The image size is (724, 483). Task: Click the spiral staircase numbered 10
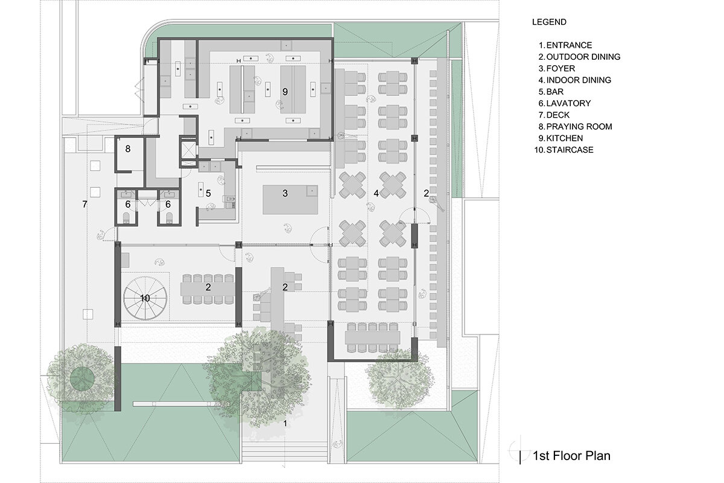145,298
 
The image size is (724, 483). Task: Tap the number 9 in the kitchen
285,92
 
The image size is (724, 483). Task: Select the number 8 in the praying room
128,149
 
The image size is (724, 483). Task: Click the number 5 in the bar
208,193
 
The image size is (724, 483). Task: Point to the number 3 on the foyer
285,193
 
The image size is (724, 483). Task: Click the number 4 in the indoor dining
376,193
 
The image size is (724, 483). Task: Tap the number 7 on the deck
84,204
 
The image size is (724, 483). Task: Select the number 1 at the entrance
285,423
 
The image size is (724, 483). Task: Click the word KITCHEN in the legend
565,138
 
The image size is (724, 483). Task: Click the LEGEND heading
549,22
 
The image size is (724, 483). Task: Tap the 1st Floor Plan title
571,455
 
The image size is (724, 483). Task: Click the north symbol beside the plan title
519,450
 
